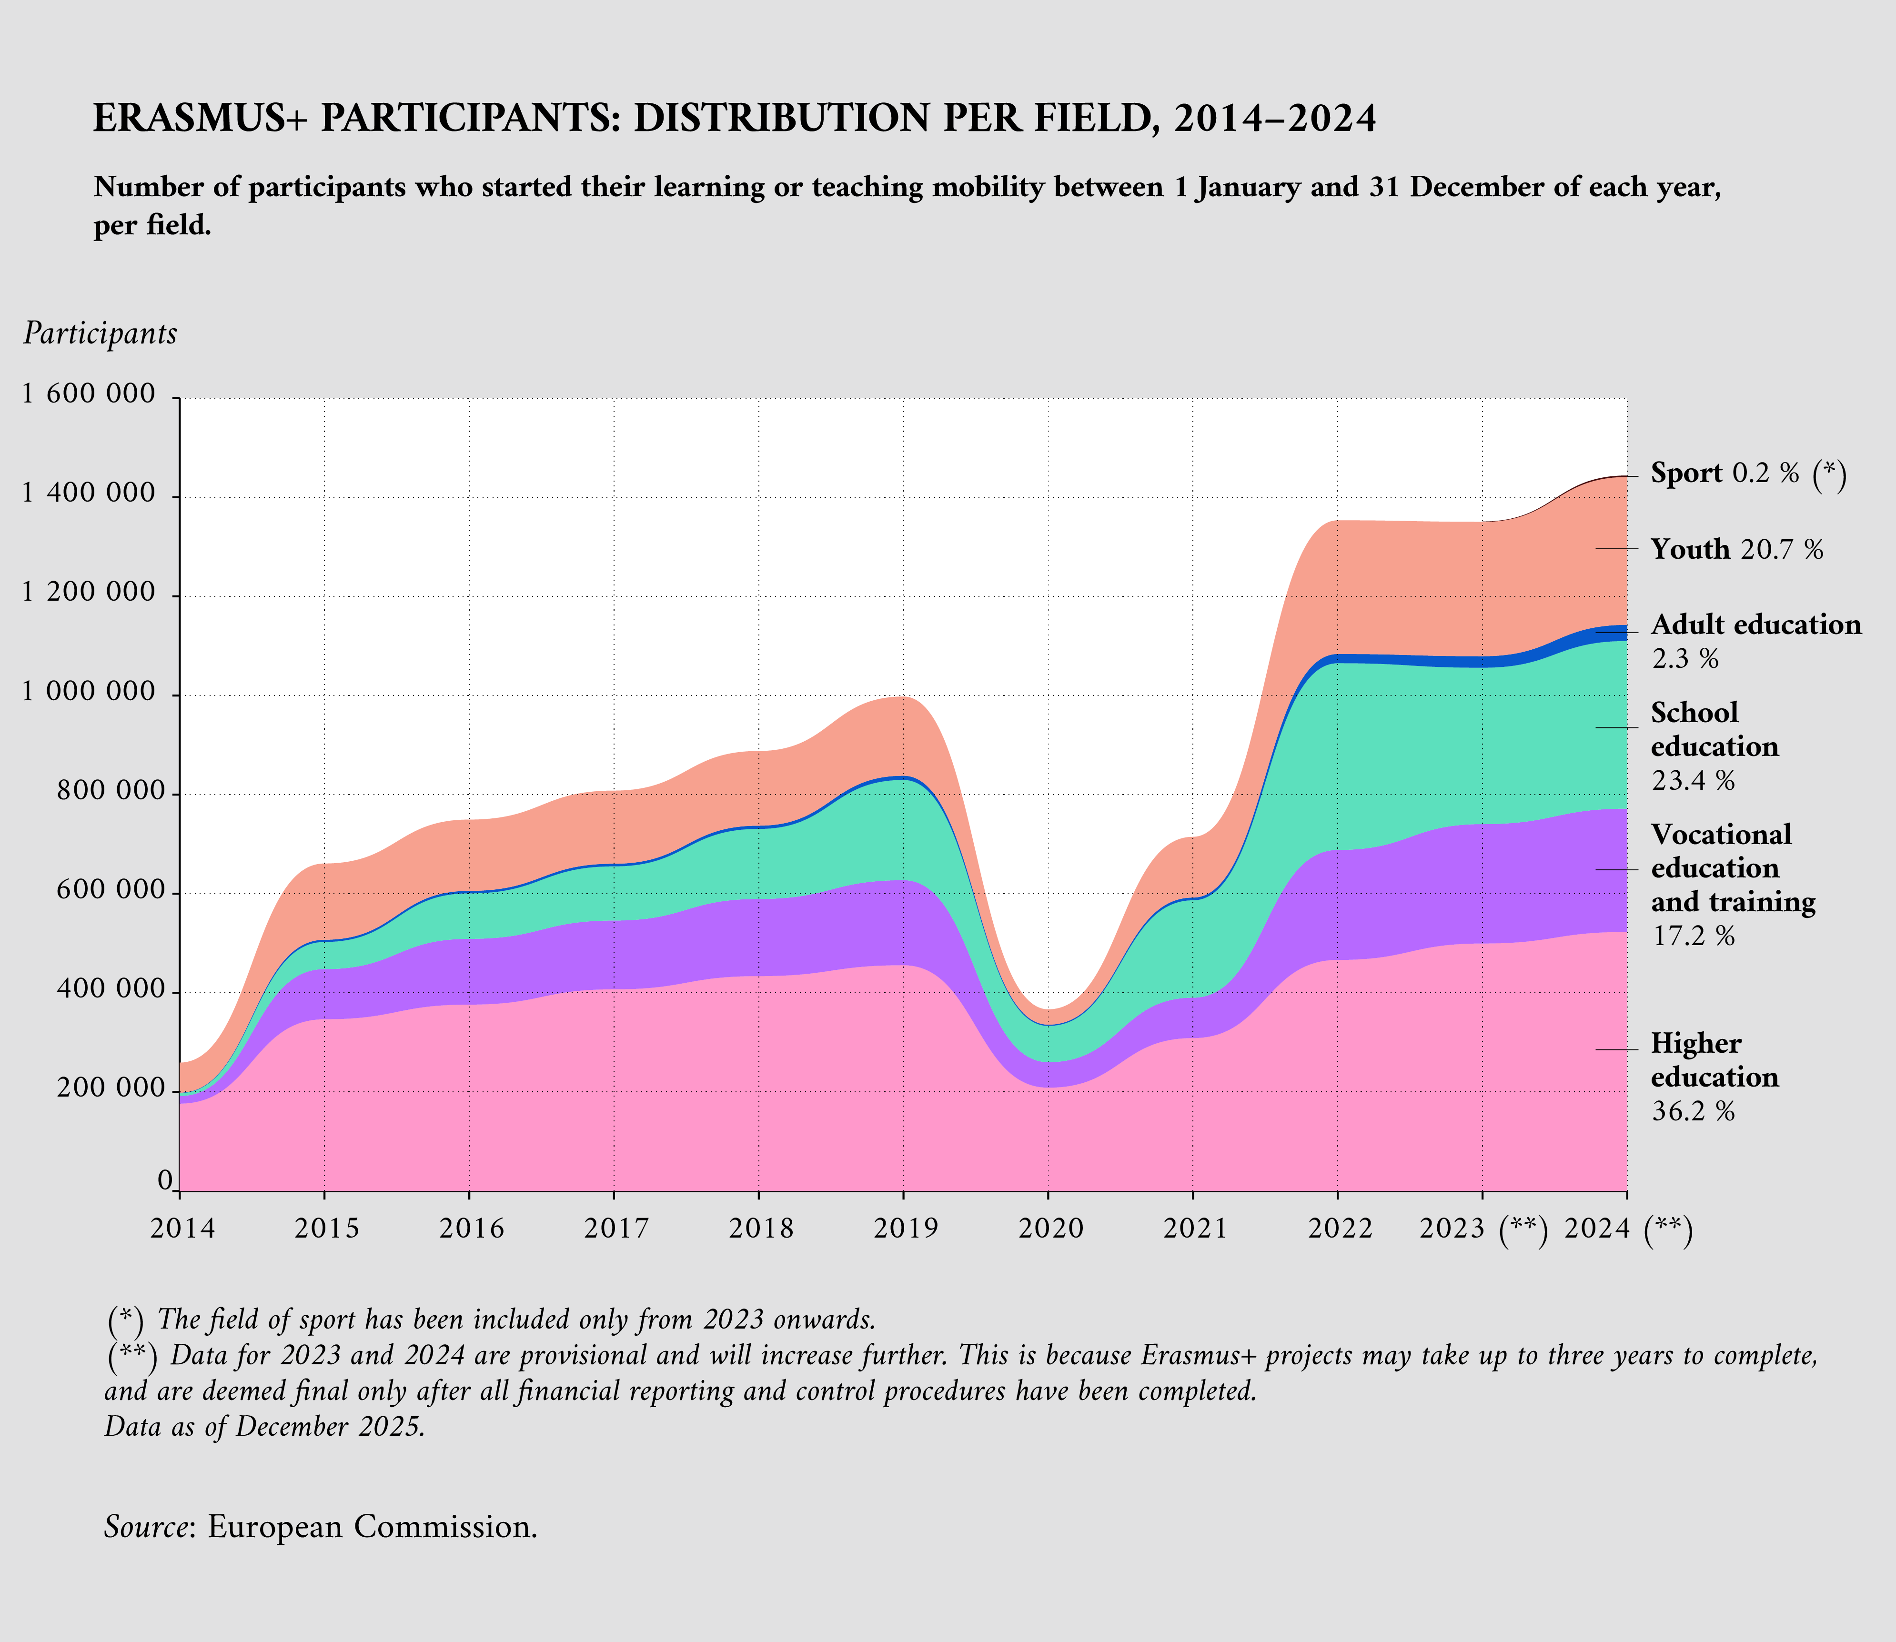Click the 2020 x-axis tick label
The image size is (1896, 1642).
click(x=1050, y=1228)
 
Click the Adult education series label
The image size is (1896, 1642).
click(x=1756, y=625)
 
